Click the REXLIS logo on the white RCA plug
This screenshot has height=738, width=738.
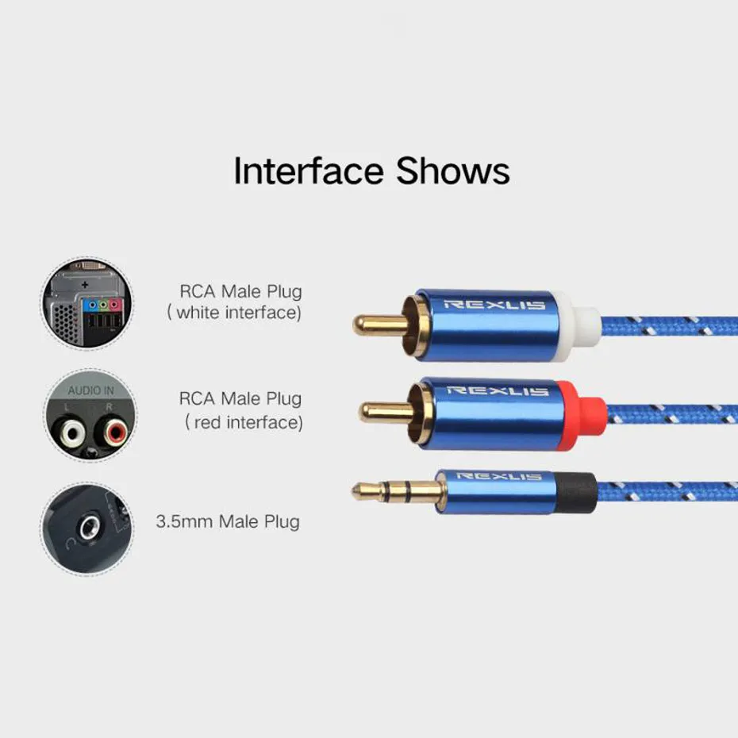(x=494, y=305)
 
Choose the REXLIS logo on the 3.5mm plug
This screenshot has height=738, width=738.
(x=499, y=476)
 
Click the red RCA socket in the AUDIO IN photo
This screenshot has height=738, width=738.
(x=109, y=432)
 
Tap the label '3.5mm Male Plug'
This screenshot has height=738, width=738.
(x=229, y=521)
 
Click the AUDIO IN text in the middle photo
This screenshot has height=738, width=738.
(x=90, y=391)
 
